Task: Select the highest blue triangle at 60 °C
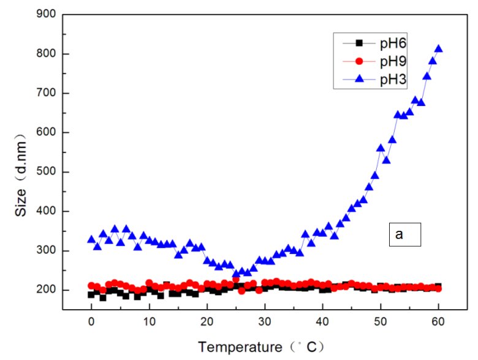[438, 49]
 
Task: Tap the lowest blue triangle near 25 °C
[236, 274]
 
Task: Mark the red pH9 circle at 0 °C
[91, 285]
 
